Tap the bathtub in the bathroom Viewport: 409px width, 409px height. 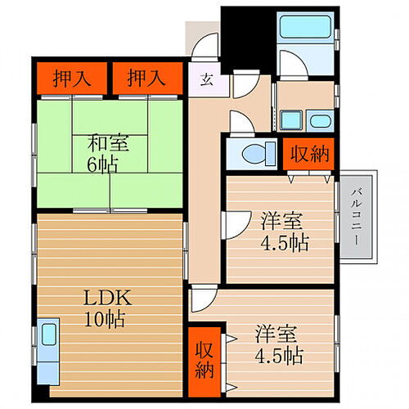pyautogui.click(x=305, y=27)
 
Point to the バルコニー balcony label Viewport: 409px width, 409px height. pyautogui.click(x=356, y=217)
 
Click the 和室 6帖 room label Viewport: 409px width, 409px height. pyautogui.click(x=107, y=154)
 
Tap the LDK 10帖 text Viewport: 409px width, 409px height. pyautogui.click(x=107, y=308)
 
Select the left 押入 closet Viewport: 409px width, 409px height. pyautogui.click(x=72, y=79)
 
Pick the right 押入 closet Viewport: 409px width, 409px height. pyautogui.click(x=147, y=79)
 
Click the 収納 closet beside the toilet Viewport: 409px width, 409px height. pyautogui.click(x=308, y=154)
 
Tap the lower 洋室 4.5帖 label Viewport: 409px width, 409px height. pyautogui.click(x=278, y=345)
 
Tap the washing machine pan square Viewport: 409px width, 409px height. pyautogui.click(x=291, y=120)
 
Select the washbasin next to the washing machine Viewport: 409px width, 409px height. pyautogui.click(x=320, y=121)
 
